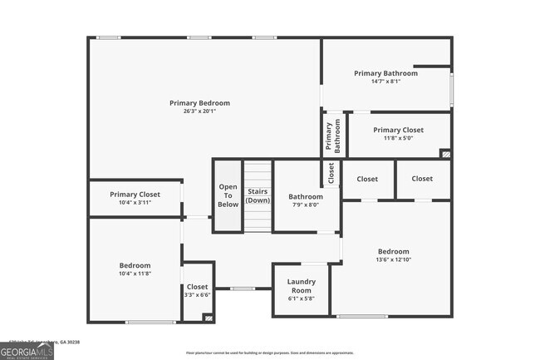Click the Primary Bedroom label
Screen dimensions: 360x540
(x=199, y=103)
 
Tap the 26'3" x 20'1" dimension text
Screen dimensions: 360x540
(x=199, y=111)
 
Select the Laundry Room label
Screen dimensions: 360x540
(x=301, y=287)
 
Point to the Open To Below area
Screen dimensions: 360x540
(x=228, y=195)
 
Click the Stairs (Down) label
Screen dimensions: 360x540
(x=258, y=195)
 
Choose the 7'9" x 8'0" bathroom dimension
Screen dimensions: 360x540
(x=306, y=205)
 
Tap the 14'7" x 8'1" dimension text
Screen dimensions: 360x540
(x=385, y=81)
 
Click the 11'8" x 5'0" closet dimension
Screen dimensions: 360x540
(x=398, y=139)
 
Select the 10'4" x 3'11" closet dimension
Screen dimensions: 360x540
(x=135, y=203)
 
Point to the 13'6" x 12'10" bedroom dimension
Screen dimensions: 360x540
(x=393, y=260)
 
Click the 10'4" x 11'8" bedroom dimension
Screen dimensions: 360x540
(x=135, y=274)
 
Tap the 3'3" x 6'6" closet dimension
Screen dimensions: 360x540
(x=197, y=295)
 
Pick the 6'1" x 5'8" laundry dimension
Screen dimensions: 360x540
(x=301, y=298)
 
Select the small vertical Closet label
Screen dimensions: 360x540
(x=331, y=172)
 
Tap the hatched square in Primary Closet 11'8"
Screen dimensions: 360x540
(x=445, y=153)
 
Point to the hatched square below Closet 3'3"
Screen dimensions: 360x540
(x=208, y=317)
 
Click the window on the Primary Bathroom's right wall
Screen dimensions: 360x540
(x=452, y=87)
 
